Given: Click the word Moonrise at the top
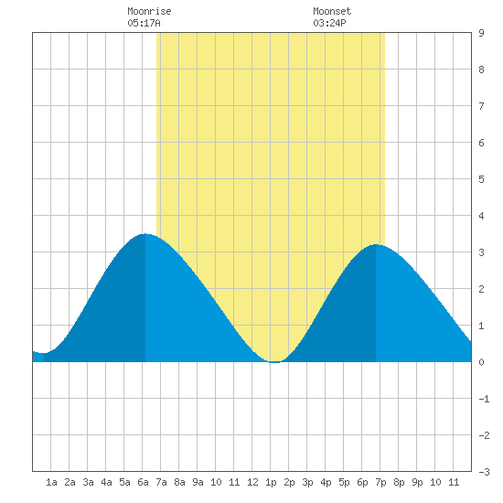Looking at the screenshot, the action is tap(149, 11).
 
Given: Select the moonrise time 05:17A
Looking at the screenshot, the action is tap(144, 23).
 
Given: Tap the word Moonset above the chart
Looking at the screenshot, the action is tap(332, 11).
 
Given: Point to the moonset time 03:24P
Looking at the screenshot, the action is tap(329, 23).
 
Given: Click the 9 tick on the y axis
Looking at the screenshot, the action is tap(481, 33).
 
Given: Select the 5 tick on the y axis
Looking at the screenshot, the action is tap(481, 179).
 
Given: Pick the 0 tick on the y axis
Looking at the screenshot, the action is tap(481, 362).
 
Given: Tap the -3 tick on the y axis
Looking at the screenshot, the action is tap(484, 472).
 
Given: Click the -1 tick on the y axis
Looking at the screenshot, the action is tap(484, 399).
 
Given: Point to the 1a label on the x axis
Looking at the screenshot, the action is tap(51, 482).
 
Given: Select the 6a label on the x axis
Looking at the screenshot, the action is tap(143, 482).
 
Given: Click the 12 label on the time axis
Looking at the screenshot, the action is tap(252, 482).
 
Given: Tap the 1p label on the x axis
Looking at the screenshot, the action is tap(271, 483).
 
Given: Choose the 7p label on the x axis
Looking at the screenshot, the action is tap(380, 483).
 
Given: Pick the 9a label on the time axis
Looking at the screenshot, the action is tap(198, 482).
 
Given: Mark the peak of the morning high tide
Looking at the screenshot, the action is tap(145, 234).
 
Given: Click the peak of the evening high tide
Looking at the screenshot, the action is tap(376, 245).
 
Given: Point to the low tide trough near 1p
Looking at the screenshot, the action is tap(275, 361).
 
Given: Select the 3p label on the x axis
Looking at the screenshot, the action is tap(307, 483).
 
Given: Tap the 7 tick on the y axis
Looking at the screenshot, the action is tap(481, 106).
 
